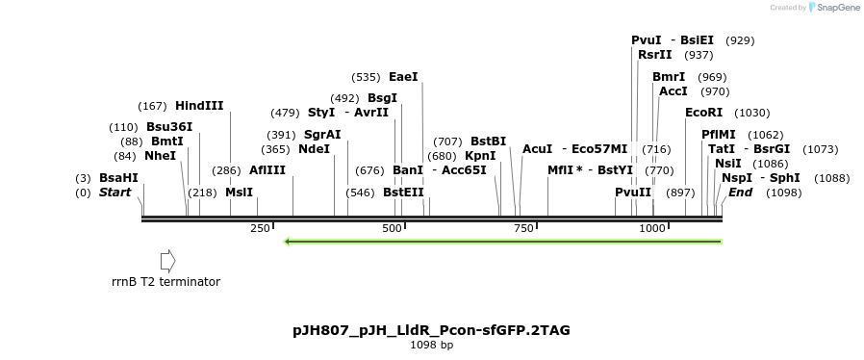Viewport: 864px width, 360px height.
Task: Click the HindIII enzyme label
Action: tap(199, 106)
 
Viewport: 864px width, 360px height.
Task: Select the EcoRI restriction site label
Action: tap(703, 113)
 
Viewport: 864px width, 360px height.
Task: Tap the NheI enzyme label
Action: tap(161, 156)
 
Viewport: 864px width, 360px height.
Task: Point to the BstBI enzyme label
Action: tap(488, 141)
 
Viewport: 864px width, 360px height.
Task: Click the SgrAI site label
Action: tap(322, 135)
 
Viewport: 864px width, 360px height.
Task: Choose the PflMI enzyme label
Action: tap(719, 135)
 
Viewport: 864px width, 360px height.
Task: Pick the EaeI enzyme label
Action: tap(403, 77)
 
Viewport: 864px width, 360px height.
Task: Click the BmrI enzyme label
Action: tap(669, 77)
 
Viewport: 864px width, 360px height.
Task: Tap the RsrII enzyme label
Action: tap(654, 55)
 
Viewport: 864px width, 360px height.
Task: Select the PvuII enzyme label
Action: tap(633, 193)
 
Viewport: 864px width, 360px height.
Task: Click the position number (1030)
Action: tap(752, 113)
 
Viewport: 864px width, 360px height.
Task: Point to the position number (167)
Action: tap(153, 106)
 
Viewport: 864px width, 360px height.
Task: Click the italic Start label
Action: tap(114, 193)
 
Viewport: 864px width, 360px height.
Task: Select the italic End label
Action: tap(740, 193)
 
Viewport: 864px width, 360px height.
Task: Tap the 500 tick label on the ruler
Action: tap(392, 228)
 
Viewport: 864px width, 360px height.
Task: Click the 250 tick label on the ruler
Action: tap(260, 228)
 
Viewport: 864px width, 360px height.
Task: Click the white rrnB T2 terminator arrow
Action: tap(167, 260)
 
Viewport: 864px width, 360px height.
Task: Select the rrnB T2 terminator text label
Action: tap(165, 282)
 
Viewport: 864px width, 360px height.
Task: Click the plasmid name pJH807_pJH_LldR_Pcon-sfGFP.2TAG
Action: tap(431, 330)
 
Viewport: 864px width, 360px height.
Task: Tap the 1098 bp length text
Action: tap(431, 345)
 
